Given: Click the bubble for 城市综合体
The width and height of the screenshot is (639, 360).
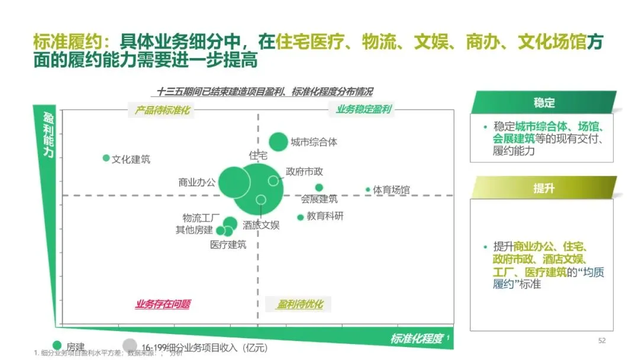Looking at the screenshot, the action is pyautogui.click(x=278, y=142).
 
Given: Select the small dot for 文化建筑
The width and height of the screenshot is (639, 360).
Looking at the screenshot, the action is pyautogui.click(x=106, y=158).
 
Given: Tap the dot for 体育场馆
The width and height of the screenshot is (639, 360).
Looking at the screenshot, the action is pyautogui.click(x=368, y=189).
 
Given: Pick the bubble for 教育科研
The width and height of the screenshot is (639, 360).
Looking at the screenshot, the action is pyautogui.click(x=301, y=217).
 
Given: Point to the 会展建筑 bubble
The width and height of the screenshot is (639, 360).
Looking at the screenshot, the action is pyautogui.click(x=319, y=188).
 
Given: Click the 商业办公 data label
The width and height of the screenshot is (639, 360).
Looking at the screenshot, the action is pyautogui.click(x=197, y=182).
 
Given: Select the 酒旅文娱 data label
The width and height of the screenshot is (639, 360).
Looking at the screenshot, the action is pyautogui.click(x=261, y=225).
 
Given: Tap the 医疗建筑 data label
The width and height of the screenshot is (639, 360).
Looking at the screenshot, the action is pyautogui.click(x=228, y=245).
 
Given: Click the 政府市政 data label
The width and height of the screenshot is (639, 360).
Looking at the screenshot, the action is pyautogui.click(x=305, y=171).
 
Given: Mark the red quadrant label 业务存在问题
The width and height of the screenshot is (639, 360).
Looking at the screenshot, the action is pyautogui.click(x=163, y=304).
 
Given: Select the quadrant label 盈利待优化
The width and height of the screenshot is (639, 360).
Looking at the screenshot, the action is pyautogui.click(x=301, y=304).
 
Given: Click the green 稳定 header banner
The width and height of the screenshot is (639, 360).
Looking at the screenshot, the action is pyautogui.click(x=544, y=103).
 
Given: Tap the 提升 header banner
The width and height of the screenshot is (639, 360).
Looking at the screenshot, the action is pyautogui.click(x=544, y=188).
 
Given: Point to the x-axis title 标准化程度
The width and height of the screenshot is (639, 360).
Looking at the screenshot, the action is pyautogui.click(x=417, y=339).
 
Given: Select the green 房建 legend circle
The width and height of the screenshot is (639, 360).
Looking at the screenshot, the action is pyautogui.click(x=57, y=345).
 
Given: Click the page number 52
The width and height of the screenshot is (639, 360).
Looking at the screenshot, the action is pyautogui.click(x=602, y=340).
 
